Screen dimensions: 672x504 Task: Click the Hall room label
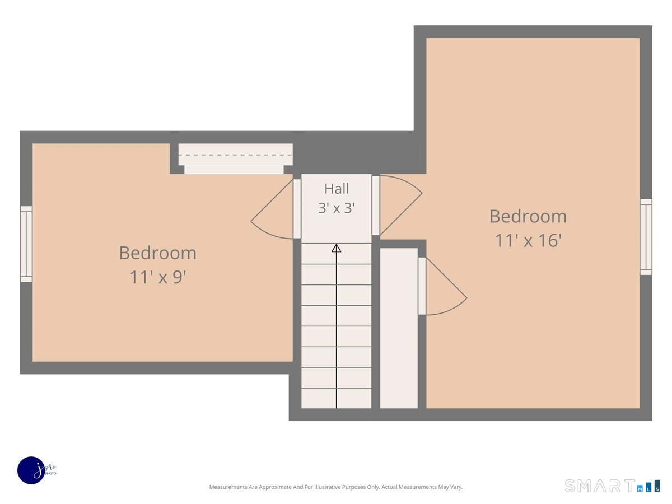click(336, 189)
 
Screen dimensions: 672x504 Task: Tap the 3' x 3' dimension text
click(336, 208)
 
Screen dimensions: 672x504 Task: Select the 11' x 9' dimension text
click(158, 277)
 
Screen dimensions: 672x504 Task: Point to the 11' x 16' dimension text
click(528, 240)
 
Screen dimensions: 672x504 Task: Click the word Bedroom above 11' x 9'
click(158, 253)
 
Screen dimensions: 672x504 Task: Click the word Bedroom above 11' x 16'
click(528, 216)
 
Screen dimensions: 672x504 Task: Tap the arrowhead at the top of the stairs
click(336, 248)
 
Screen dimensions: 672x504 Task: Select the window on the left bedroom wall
click(26, 244)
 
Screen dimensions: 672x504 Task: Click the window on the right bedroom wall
click(646, 237)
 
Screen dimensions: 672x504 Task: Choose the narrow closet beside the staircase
click(399, 328)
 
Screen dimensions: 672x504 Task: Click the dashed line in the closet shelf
click(235, 155)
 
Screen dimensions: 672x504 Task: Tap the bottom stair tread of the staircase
click(336, 398)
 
